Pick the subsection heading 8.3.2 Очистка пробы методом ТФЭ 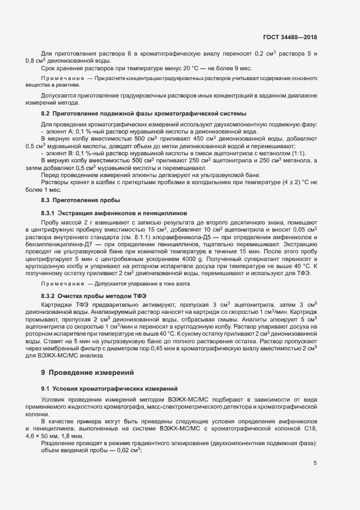coord(96,296)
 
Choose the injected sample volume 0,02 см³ coord(127,451)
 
